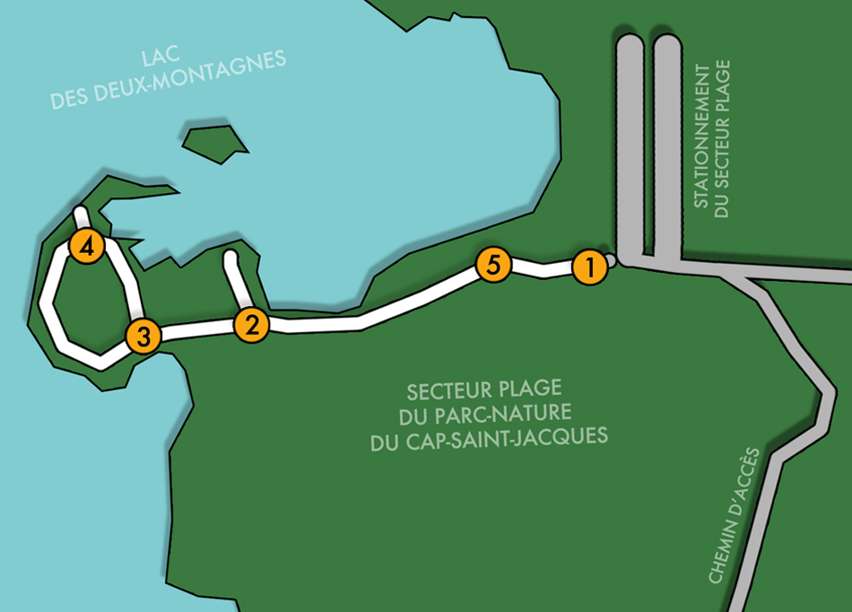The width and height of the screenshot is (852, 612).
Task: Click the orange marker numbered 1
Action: click(x=588, y=267)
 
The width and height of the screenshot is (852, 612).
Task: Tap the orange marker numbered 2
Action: click(x=251, y=325)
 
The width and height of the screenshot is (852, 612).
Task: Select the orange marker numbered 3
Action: click(x=143, y=337)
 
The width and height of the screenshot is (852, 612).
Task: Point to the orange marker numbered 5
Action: click(x=493, y=265)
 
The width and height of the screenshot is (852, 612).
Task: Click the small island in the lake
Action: click(x=214, y=143)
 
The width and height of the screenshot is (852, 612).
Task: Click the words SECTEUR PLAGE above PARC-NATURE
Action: click(x=483, y=390)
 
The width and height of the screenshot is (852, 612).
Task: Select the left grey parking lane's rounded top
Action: click(x=630, y=45)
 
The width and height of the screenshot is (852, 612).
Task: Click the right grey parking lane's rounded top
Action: click(x=666, y=45)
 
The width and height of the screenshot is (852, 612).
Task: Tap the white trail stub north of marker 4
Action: click(x=82, y=217)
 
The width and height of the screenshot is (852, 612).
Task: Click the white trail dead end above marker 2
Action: click(x=230, y=260)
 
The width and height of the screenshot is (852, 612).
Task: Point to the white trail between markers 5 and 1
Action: click(x=541, y=267)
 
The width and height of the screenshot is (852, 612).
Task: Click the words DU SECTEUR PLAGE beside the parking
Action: click(x=724, y=139)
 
